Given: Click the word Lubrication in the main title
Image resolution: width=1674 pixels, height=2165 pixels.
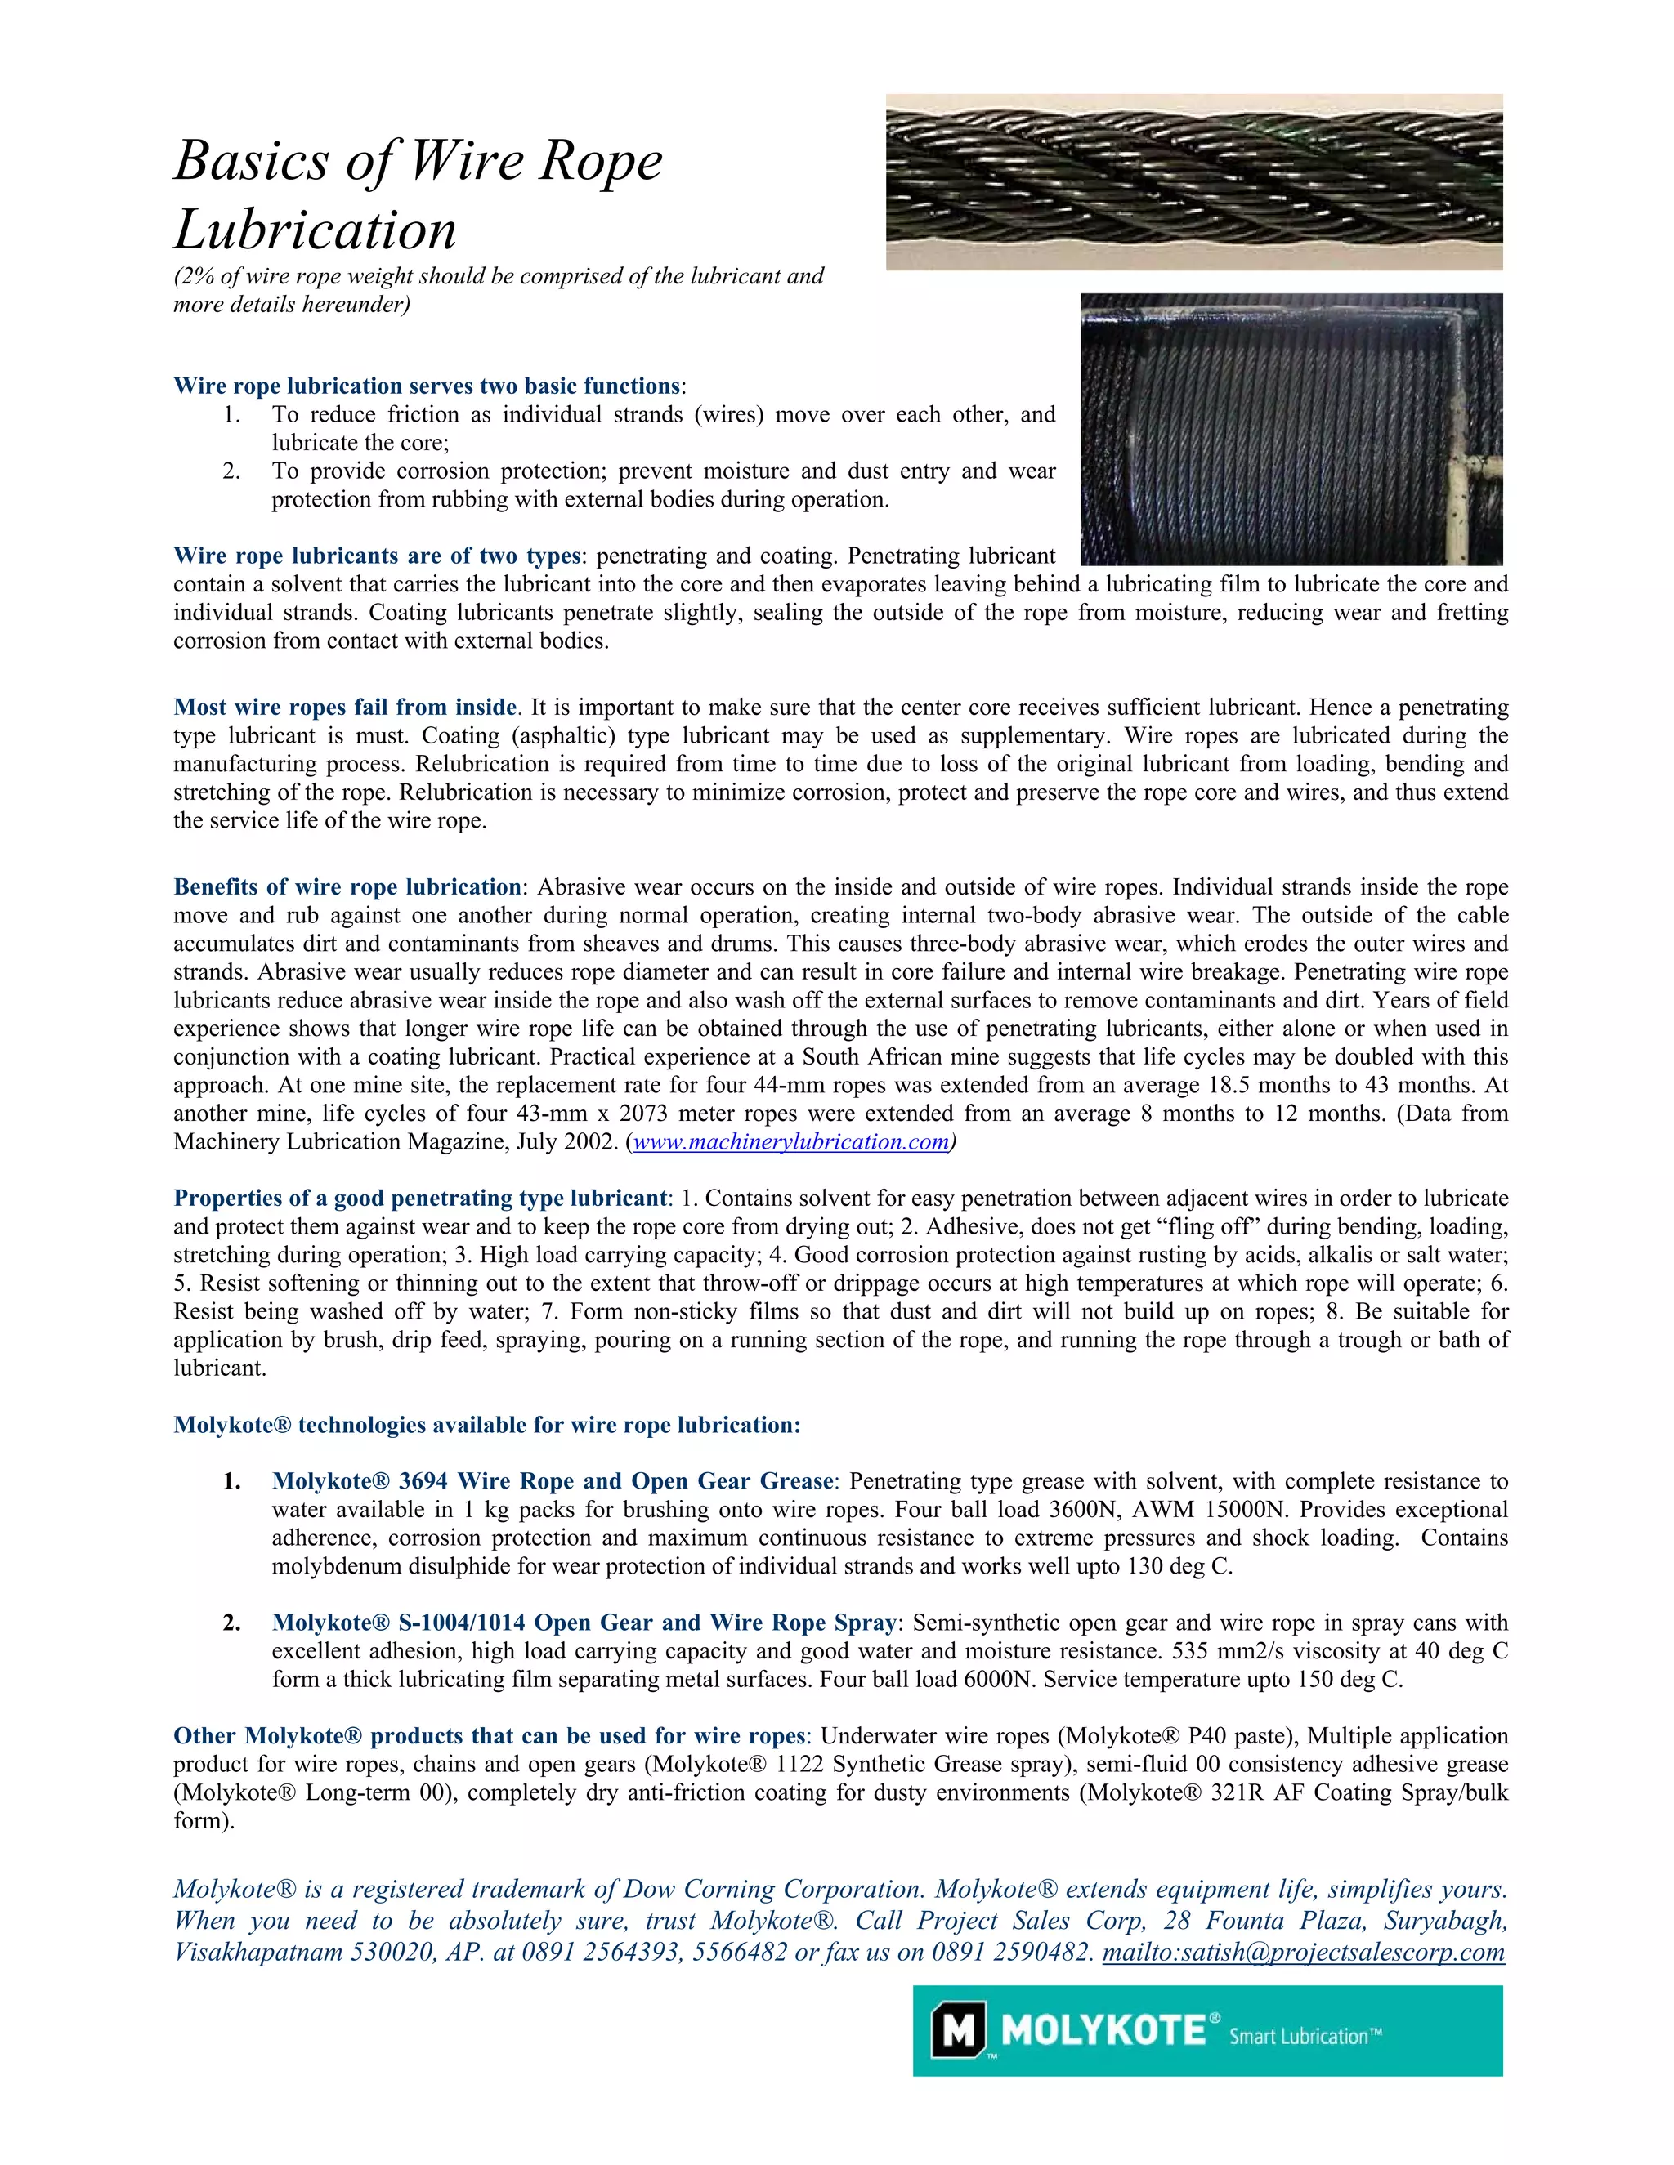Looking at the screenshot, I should coord(316,230).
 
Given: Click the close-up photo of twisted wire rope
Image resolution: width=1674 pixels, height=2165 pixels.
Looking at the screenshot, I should coord(1193,181).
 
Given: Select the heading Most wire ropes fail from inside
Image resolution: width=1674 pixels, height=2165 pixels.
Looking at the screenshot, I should coord(344,707).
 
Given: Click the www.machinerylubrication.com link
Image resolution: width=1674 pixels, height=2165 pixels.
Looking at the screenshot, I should coord(790,1141).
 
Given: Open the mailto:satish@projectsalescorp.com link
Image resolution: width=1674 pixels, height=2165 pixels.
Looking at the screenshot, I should coord(1303,1952).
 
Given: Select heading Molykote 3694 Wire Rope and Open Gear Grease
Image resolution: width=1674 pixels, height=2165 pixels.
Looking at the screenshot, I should coord(553,1481).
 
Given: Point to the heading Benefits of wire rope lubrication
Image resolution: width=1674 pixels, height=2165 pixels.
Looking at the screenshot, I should coord(347,886).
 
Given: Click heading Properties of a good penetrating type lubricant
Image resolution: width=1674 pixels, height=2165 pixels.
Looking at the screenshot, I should coord(420,1198).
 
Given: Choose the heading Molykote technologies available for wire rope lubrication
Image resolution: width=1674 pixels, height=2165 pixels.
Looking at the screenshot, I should coord(486,1425).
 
